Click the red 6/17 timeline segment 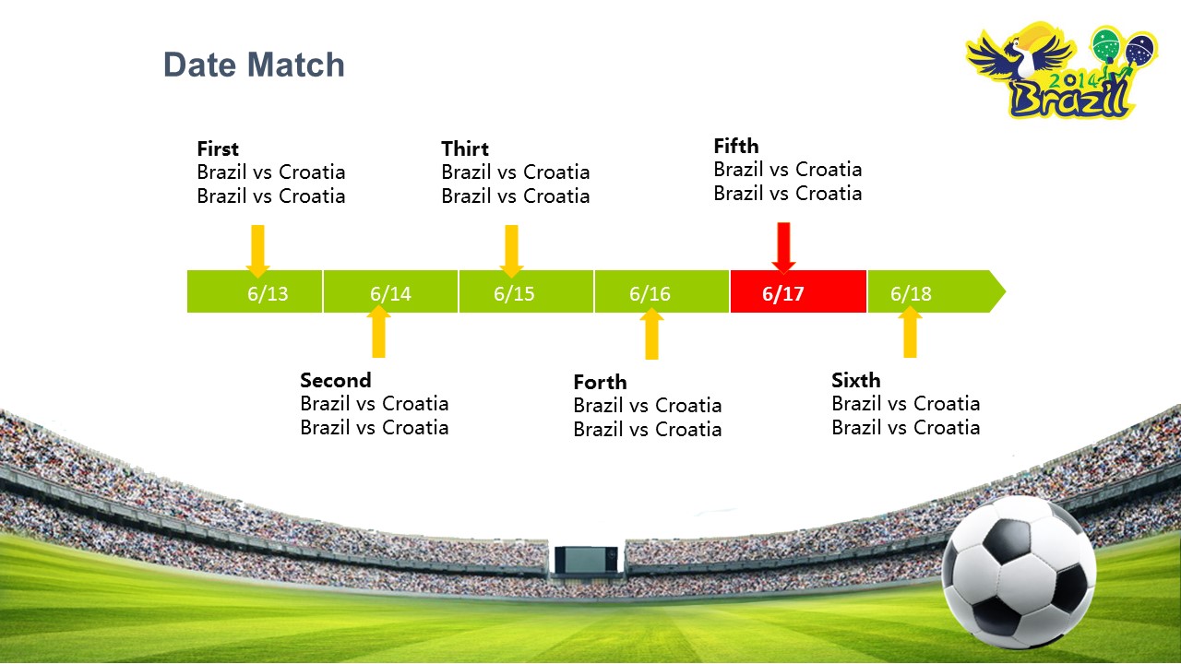pyautogui.click(x=798, y=291)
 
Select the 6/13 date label pyautogui.click(x=268, y=293)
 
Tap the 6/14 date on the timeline pyautogui.click(x=390, y=293)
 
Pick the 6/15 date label pyautogui.click(x=514, y=293)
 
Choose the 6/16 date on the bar pyautogui.click(x=650, y=293)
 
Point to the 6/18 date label pyautogui.click(x=911, y=293)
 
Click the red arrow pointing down pyautogui.click(x=783, y=248)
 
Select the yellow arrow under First pyautogui.click(x=257, y=251)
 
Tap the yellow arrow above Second pyautogui.click(x=378, y=331)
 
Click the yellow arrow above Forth pyautogui.click(x=651, y=334)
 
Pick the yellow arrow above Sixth pyautogui.click(x=910, y=331)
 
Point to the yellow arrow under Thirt pyautogui.click(x=511, y=251)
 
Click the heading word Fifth pyautogui.click(x=736, y=146)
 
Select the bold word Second pyautogui.click(x=336, y=380)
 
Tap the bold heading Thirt pyautogui.click(x=465, y=148)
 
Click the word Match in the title pyautogui.click(x=296, y=65)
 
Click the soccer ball pyautogui.click(x=1020, y=573)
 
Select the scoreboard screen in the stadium pyautogui.click(x=586, y=560)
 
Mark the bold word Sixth pyautogui.click(x=856, y=380)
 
